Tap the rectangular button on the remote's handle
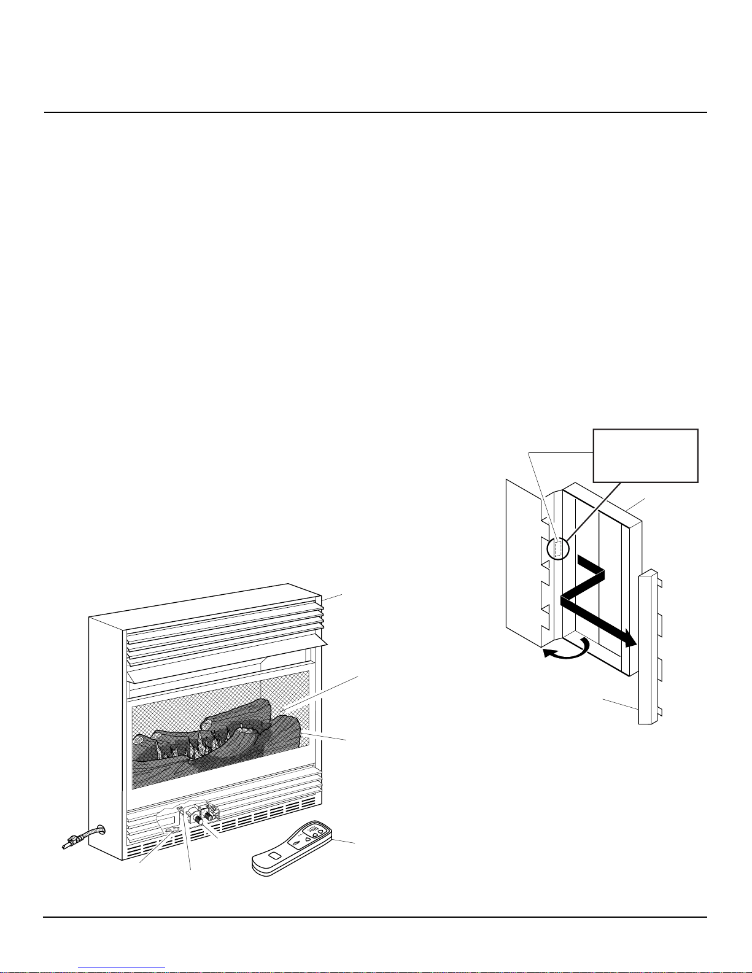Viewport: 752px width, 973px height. [276, 856]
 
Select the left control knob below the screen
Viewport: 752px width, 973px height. [198, 820]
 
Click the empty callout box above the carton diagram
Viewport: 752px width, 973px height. [645, 455]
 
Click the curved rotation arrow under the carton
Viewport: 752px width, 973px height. [568, 649]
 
